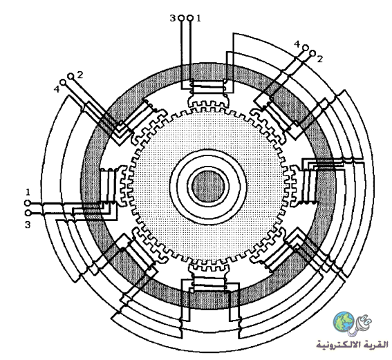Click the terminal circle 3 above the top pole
(182, 18)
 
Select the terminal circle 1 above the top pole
(190, 18)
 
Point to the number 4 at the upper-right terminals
(297, 44)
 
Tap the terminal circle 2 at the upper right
(312, 53)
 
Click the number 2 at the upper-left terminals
(80, 75)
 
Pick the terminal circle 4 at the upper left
(63, 82)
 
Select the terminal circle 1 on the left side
(27, 203)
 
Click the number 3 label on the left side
(28, 225)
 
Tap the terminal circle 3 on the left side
(28, 213)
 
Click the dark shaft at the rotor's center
(208, 186)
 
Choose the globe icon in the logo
(344, 322)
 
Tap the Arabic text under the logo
(353, 345)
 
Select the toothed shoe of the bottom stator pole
(208, 269)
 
